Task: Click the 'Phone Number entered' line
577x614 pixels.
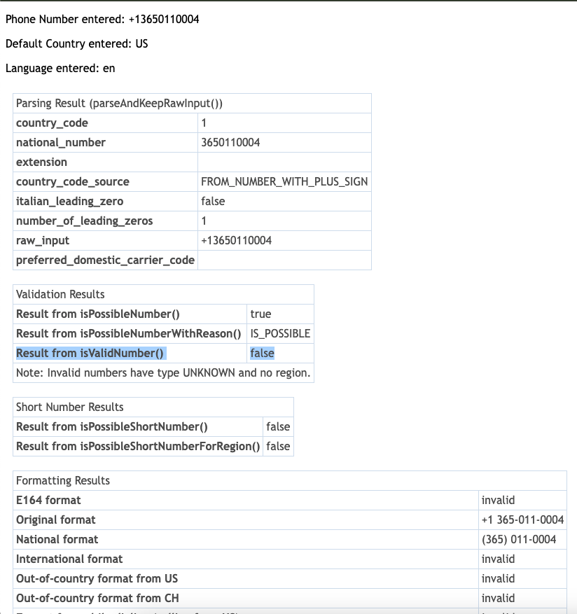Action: (x=102, y=20)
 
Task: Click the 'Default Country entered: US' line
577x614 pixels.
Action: (x=76, y=44)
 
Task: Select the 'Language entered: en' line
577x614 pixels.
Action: (x=60, y=69)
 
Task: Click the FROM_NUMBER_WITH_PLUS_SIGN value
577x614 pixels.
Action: (x=284, y=182)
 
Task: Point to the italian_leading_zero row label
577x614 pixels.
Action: (x=69, y=202)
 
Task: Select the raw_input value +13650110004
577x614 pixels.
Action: (x=236, y=241)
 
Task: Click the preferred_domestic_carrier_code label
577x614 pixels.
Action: (x=105, y=260)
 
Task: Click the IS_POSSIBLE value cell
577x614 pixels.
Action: (x=280, y=334)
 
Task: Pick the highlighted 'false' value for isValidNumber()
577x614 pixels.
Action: (x=262, y=354)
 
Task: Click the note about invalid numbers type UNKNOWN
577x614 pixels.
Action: (x=163, y=373)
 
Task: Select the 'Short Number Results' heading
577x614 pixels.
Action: (x=69, y=407)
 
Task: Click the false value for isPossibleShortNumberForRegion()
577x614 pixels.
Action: (x=278, y=447)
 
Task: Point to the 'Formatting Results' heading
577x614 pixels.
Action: (x=63, y=481)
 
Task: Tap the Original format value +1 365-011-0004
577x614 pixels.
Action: (x=522, y=520)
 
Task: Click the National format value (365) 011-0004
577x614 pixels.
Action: (x=519, y=540)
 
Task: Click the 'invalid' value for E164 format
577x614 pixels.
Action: (x=498, y=501)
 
